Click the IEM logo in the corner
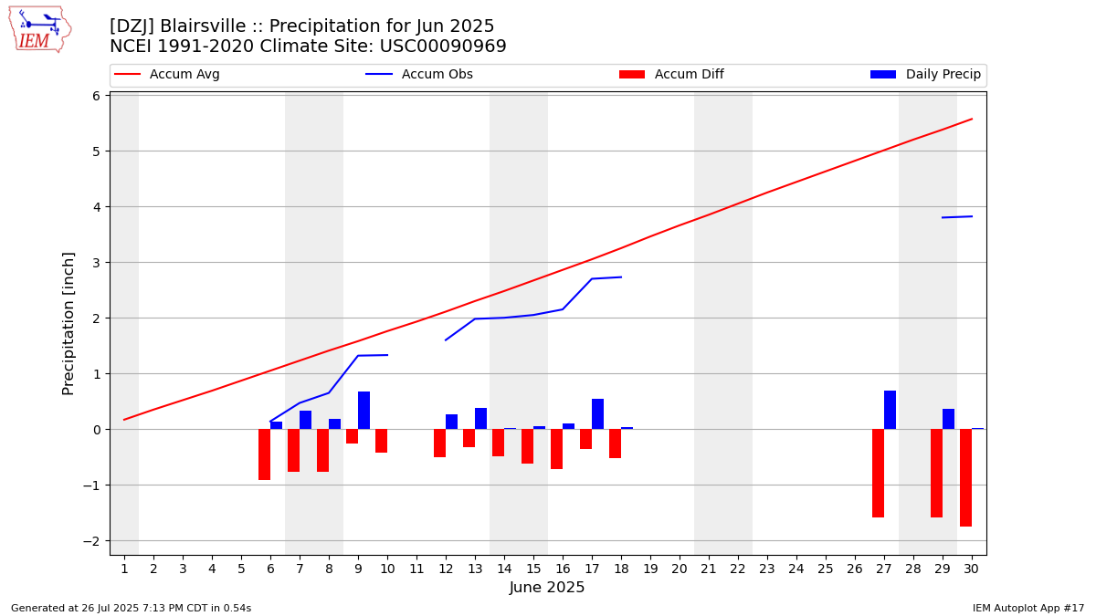39,29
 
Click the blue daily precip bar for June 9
364,410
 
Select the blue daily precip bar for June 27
890,410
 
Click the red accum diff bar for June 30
965,477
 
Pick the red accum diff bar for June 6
264,454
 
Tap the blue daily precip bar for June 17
597,413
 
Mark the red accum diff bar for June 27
878,473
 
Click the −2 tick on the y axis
95,541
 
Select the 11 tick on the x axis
416,569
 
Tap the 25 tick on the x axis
826,569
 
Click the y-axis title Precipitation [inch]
68,323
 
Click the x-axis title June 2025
547,589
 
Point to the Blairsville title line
302,26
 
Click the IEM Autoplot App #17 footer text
1028,608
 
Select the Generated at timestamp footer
131,608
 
